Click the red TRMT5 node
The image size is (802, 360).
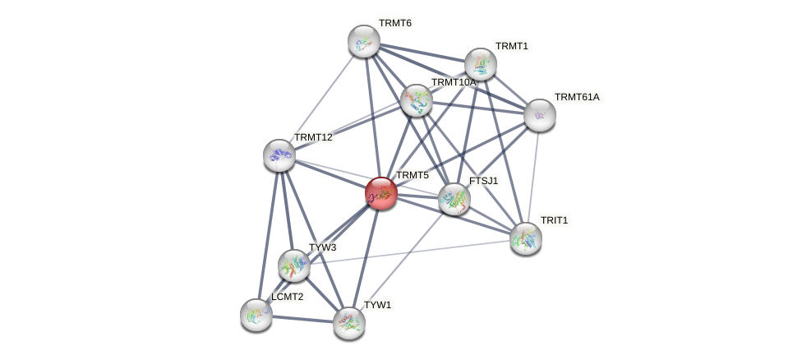[381, 193]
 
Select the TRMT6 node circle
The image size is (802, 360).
[364, 41]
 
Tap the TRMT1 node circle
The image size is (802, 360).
[481, 64]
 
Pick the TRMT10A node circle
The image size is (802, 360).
[417, 100]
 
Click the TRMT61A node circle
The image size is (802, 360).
[540, 115]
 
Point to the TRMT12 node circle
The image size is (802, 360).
[279, 155]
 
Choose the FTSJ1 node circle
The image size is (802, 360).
[454, 199]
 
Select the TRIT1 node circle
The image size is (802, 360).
[526, 238]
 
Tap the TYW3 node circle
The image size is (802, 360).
[294, 265]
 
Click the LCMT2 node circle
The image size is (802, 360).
[256, 315]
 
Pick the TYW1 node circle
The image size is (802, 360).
[349, 323]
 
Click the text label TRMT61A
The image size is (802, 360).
[577, 97]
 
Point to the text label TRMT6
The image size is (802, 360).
[395, 23]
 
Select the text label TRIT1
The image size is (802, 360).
[554, 220]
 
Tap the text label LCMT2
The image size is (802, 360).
[288, 297]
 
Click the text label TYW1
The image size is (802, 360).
[378, 305]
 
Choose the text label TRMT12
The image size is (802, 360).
[313, 137]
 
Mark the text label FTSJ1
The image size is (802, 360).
[483, 181]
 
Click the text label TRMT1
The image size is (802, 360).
[512, 46]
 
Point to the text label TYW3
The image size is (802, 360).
[323, 247]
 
